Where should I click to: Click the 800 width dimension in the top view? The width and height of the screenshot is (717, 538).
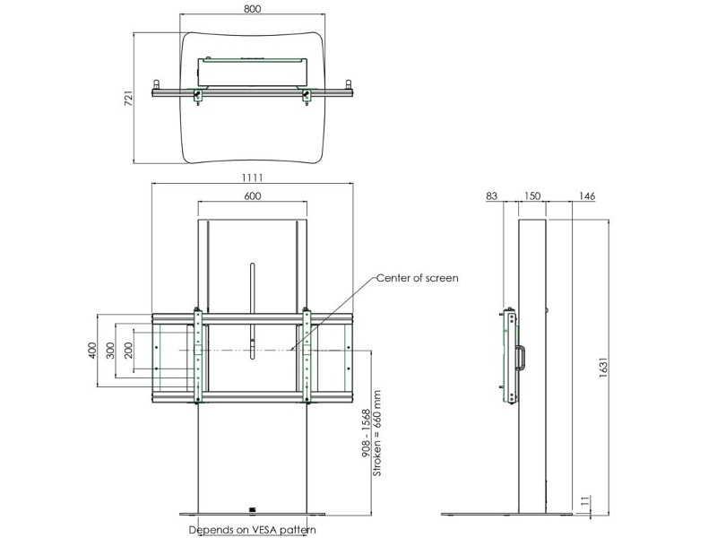tap(252, 8)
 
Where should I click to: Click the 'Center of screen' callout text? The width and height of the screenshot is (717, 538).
tap(417, 278)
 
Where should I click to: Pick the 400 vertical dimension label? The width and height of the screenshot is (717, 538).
tap(91, 350)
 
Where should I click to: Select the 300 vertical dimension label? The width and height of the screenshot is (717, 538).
tap(110, 350)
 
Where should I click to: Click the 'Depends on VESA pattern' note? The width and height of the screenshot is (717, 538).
tap(252, 530)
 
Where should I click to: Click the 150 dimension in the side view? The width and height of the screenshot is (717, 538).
tap(532, 195)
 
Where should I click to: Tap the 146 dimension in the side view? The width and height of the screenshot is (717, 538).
tap(587, 195)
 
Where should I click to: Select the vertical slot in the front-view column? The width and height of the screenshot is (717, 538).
tap(253, 287)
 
